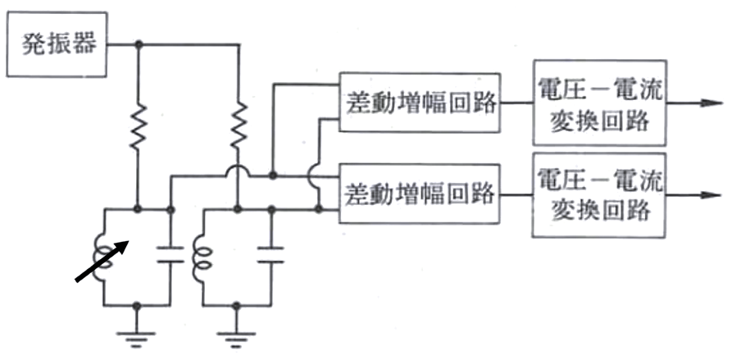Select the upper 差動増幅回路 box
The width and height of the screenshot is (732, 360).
click(419, 102)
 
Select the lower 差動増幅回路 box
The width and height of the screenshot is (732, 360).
click(419, 194)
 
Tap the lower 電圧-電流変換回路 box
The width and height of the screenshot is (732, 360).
click(599, 194)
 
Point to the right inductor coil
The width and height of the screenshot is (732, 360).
click(199, 257)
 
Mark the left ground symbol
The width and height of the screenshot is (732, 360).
click(138, 334)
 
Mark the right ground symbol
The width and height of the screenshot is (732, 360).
click(238, 334)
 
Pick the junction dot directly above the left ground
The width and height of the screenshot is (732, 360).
click(138, 305)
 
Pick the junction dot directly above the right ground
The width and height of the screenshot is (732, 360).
click(238, 305)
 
